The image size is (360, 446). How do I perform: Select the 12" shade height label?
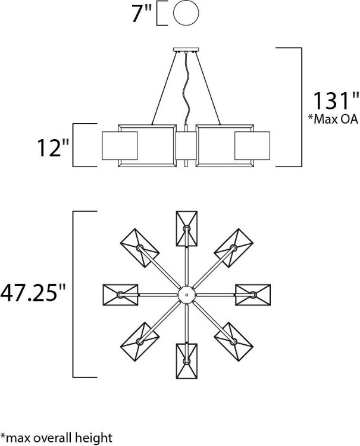49,147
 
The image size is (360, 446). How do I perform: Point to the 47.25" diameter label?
33,294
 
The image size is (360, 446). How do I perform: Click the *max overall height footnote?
57,438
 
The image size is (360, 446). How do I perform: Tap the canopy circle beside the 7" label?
185,14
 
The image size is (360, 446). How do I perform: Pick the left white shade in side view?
121,146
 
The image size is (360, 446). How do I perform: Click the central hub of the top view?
186,294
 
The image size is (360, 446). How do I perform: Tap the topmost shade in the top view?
186,228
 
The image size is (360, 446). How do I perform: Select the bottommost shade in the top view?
186,360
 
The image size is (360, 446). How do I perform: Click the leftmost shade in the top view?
120,294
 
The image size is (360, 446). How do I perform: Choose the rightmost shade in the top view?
253,294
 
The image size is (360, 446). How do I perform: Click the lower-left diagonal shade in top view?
140,341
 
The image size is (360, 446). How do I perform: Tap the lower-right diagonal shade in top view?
233,341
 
